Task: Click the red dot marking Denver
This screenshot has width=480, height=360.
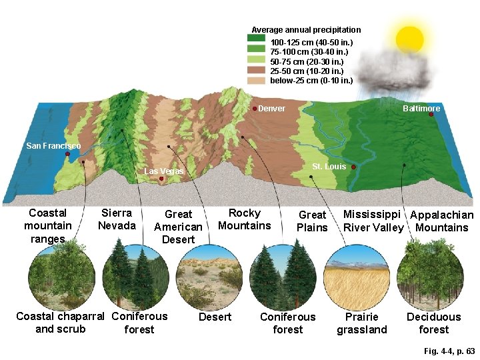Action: (255, 109)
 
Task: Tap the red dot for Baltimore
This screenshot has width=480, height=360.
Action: (431, 115)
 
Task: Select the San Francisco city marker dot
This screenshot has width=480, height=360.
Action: (67, 154)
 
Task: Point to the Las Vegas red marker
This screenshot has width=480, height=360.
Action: (161, 179)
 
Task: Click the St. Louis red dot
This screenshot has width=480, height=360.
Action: (353, 167)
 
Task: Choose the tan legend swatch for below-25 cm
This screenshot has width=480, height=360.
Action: (258, 81)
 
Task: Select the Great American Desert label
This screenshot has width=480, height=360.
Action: (178, 227)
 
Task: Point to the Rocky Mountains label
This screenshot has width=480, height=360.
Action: (245, 219)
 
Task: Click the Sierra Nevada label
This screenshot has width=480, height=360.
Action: (117, 219)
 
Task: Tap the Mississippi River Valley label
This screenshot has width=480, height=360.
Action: (373, 221)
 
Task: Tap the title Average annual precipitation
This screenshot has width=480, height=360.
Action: (306, 30)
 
